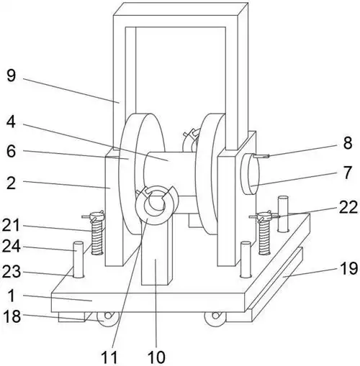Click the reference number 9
point(12,76)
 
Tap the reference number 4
point(11,122)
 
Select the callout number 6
point(11,151)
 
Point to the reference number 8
point(348,143)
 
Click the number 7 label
point(348,173)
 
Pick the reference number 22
point(348,206)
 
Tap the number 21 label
point(11,225)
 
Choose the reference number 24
point(11,246)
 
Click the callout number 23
point(12,272)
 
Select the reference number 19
point(349,268)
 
